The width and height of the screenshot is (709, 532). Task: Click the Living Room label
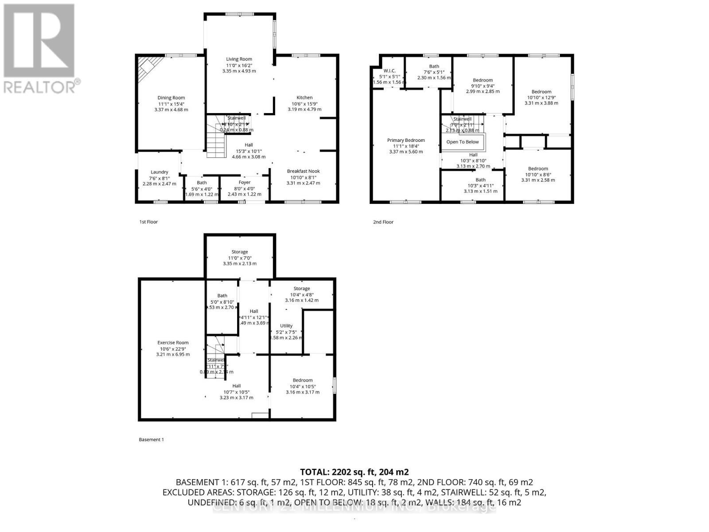tap(239, 59)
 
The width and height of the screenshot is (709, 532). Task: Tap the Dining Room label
tap(171, 98)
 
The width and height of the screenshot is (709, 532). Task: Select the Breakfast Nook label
tap(303, 171)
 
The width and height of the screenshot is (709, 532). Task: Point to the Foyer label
tap(245, 182)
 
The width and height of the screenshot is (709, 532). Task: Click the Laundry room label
tap(160, 172)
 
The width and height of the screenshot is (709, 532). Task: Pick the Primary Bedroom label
tap(406, 140)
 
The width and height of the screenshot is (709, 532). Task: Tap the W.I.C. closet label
tap(390, 71)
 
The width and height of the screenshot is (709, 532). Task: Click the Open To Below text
tap(463, 142)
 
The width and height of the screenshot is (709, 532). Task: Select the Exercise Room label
tap(173, 343)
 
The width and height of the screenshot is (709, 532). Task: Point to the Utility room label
tap(286, 326)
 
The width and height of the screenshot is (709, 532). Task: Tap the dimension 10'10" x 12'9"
tap(541, 98)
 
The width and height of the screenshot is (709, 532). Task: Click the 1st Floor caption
tap(148, 222)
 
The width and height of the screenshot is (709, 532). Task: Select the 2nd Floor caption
tap(383, 222)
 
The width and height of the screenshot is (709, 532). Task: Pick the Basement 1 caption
tap(152, 440)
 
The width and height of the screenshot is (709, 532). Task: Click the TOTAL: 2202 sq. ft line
tap(354, 472)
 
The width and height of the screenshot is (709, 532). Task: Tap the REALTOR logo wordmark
tap(42, 86)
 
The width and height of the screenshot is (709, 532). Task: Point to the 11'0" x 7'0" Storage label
tap(240, 252)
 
